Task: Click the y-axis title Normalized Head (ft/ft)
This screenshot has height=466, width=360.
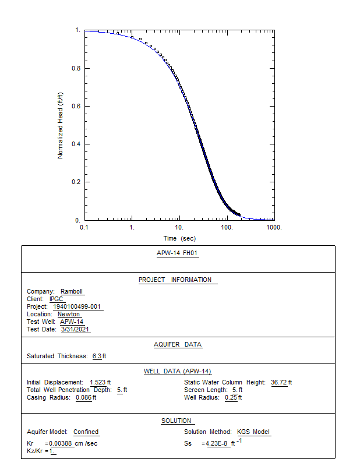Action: click(x=61, y=125)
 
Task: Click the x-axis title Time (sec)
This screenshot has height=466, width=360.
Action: click(x=179, y=238)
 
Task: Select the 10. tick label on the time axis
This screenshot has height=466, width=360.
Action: click(x=179, y=227)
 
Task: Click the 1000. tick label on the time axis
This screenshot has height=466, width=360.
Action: click(x=274, y=227)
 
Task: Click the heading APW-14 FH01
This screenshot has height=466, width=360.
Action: click(x=178, y=253)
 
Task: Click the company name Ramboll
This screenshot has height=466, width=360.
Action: click(x=73, y=292)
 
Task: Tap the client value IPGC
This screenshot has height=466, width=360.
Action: click(x=57, y=299)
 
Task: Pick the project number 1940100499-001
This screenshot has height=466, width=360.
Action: click(x=77, y=307)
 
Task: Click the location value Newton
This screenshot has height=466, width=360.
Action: click(x=69, y=315)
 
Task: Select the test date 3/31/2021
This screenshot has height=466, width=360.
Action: click(x=75, y=330)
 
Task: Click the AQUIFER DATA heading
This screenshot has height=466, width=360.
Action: click(x=178, y=344)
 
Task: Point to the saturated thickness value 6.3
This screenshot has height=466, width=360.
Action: click(x=97, y=356)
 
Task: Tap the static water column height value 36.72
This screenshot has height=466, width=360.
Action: click(x=279, y=382)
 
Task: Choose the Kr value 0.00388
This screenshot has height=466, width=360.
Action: click(x=60, y=444)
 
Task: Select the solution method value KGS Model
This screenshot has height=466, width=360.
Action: click(x=253, y=432)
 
